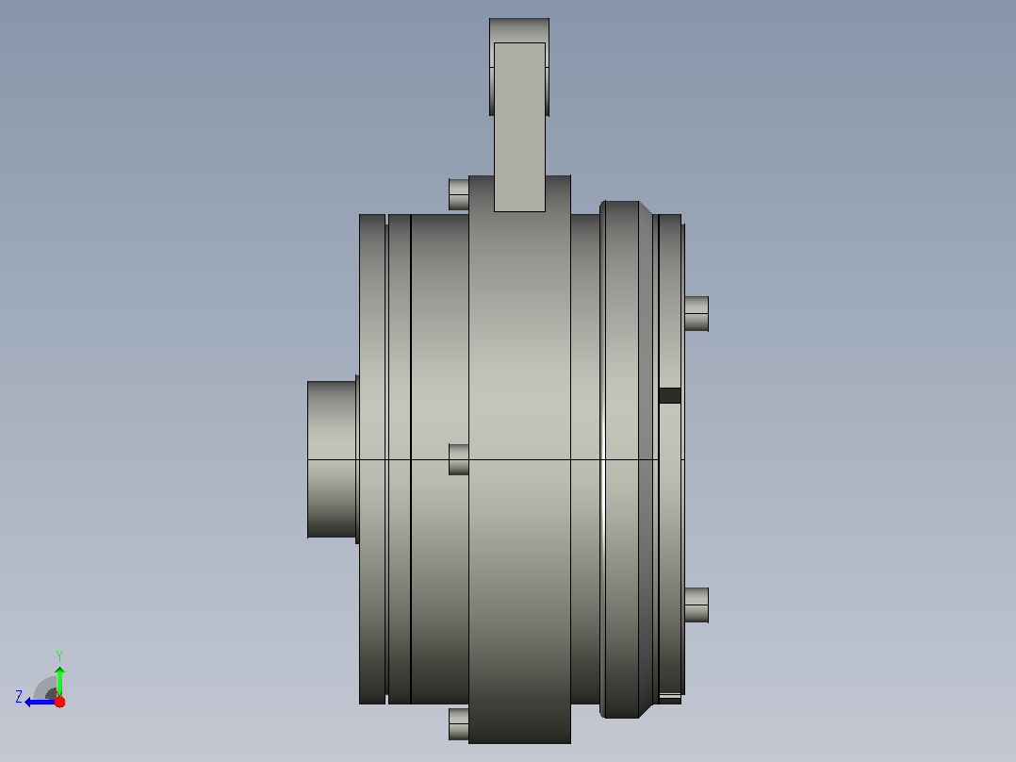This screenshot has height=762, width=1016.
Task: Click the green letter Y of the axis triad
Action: point(59,655)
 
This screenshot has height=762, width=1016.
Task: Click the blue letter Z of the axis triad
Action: point(19,697)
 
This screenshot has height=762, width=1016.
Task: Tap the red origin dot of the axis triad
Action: point(59,702)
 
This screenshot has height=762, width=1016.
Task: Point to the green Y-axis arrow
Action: point(59,682)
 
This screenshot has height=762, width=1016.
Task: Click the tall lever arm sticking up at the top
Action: point(519,126)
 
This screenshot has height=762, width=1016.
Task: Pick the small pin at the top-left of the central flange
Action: point(459,194)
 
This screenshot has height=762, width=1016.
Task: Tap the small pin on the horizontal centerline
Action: point(459,459)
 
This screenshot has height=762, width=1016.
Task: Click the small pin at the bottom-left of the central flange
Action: point(459,723)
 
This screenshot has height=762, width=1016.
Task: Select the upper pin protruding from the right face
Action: point(696,314)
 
